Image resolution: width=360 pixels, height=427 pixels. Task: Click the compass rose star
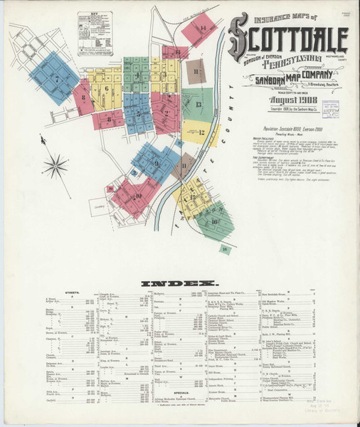tap(55, 168)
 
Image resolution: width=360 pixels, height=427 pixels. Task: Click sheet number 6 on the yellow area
tap(107, 90)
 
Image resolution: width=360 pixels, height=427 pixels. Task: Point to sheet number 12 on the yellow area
tap(201, 132)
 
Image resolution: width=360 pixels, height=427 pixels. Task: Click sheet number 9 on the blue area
tap(155, 163)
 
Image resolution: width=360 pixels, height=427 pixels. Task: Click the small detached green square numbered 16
tap(225, 248)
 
